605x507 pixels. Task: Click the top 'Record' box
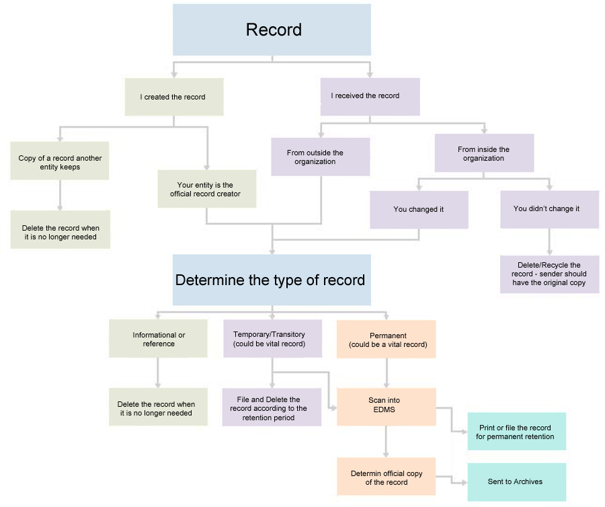coord(272,30)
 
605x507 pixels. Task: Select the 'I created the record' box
coord(173,97)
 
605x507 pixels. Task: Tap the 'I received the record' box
coord(370,96)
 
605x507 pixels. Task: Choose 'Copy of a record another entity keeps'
coord(60,162)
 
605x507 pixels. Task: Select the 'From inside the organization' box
coord(483,153)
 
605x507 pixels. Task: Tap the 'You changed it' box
coord(418,209)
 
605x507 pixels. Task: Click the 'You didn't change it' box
coord(549,209)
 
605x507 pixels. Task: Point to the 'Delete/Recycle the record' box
coord(549,274)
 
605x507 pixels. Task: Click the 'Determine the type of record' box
coord(271,280)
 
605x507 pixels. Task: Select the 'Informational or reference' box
coord(158,339)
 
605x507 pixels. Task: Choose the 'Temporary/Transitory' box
coord(272,339)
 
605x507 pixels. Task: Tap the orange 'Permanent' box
coord(386,339)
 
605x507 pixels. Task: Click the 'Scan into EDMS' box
coord(386,405)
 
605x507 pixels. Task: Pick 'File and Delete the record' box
coord(272,407)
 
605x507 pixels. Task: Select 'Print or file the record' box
coord(516,432)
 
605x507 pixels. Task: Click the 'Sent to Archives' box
coord(516,481)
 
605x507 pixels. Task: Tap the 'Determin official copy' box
coord(386,477)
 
